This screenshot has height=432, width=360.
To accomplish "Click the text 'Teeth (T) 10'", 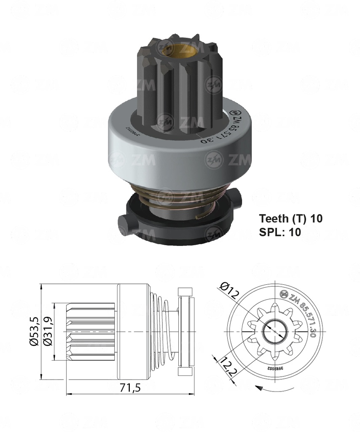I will click(290, 219).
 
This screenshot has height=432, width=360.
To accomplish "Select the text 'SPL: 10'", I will click(279, 232).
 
